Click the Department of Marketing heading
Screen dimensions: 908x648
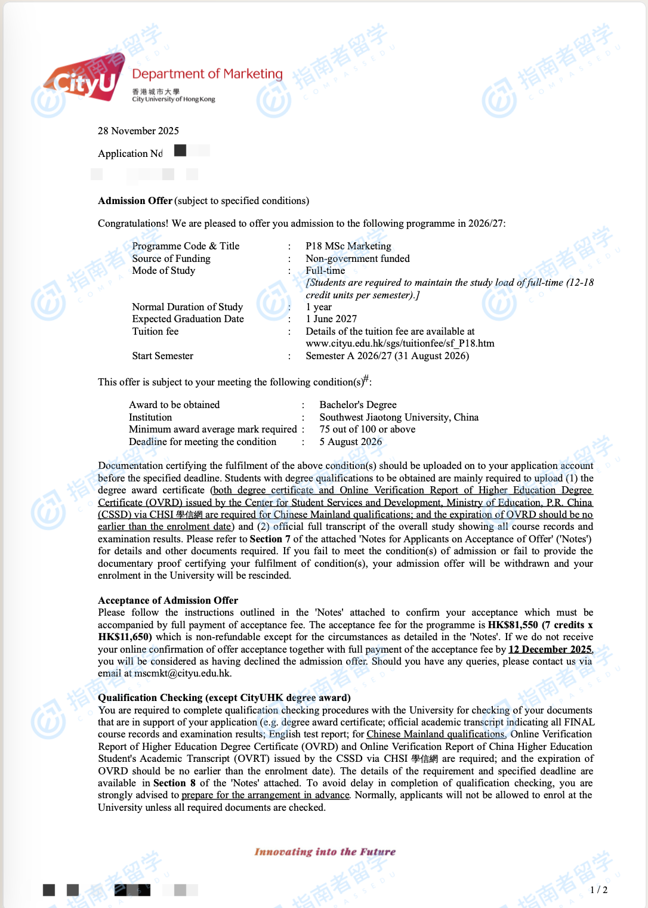[207, 74]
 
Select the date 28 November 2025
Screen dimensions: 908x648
[138, 131]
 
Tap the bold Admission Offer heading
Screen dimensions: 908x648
[135, 201]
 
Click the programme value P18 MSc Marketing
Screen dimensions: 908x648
[348, 246]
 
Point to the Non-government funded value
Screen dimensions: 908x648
[357, 258]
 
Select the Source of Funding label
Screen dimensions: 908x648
[171, 258]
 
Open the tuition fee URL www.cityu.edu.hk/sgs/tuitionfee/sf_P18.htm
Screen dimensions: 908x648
[400, 344]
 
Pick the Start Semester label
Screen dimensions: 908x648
[162, 356]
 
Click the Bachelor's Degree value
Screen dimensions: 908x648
[358, 405]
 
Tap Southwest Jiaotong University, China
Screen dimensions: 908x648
[399, 418]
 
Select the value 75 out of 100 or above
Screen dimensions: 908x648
[367, 430]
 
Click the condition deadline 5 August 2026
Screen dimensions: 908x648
[350, 442]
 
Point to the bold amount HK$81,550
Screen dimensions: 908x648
[513, 625]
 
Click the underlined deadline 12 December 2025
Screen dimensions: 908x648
[550, 650]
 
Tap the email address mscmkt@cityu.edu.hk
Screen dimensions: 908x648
[183, 674]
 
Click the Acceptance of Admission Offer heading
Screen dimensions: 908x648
[168, 601]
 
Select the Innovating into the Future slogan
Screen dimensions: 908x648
[325, 852]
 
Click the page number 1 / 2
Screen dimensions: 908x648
[598, 890]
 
